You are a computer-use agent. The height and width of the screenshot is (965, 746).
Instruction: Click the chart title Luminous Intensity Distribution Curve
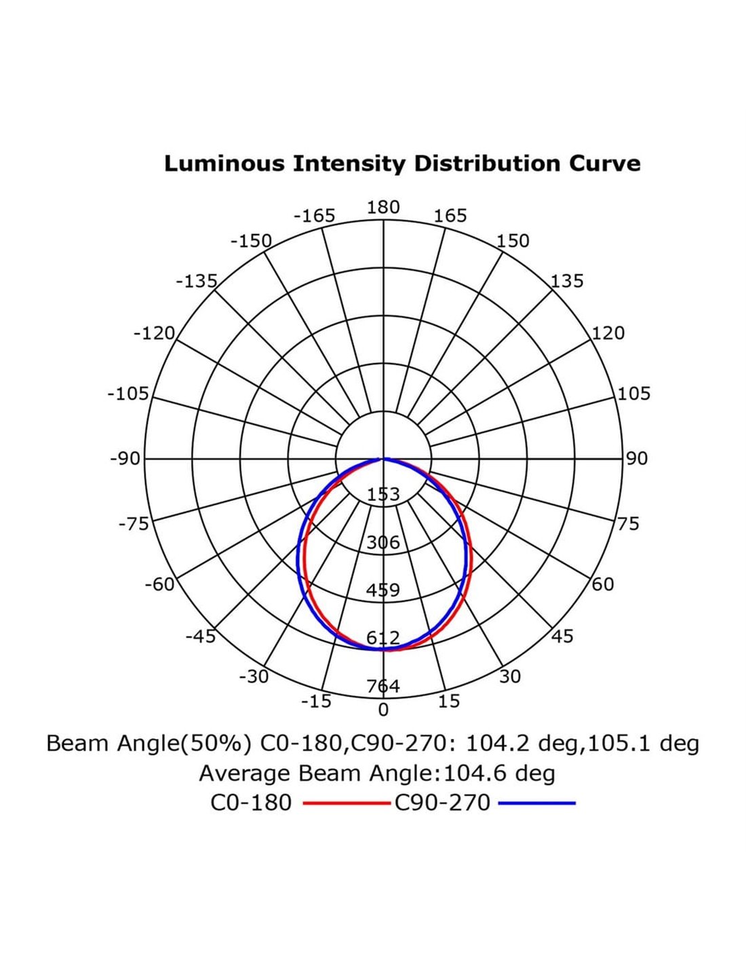[402, 164]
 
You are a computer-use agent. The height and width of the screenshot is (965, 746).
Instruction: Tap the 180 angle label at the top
[383, 207]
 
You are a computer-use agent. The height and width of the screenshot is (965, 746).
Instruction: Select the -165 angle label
[314, 216]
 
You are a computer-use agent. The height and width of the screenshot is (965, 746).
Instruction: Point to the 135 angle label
[566, 281]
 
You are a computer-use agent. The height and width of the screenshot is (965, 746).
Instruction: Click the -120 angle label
[154, 333]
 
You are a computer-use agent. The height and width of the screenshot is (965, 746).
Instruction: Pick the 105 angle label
[633, 394]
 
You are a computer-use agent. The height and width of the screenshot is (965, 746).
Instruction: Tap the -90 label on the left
[125, 459]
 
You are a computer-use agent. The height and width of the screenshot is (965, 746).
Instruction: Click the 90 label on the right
[637, 459]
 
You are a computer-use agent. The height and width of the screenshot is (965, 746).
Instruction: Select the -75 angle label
[133, 524]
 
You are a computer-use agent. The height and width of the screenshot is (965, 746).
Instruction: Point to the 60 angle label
[603, 584]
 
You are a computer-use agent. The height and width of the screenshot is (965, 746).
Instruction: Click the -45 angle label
[200, 637]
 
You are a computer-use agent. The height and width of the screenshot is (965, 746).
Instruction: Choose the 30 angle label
[510, 677]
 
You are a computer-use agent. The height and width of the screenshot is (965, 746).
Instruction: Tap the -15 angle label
[316, 702]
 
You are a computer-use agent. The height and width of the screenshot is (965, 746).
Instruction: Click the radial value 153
[383, 495]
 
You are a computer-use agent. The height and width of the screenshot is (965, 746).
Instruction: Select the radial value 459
[383, 590]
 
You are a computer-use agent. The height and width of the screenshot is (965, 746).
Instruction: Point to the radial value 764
[383, 686]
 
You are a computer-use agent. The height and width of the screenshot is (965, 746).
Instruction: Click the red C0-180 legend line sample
[346, 803]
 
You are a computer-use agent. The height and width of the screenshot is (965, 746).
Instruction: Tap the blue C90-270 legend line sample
[536, 803]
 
